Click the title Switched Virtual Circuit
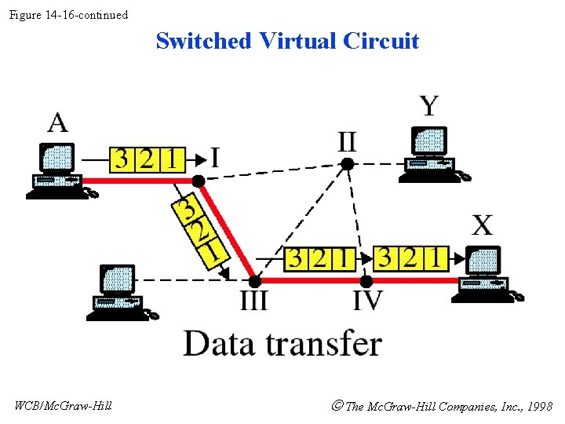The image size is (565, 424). pos(287,41)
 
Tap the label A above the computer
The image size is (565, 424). pos(58,123)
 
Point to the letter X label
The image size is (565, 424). pos(482,225)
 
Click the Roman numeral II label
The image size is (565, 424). pos(347,142)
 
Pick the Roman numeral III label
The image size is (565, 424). pos(253,300)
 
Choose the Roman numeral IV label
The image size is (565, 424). pos(367,300)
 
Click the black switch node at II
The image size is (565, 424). pos(346,163)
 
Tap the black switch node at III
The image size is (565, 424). pos(254,280)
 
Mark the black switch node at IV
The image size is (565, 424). pos(366,280)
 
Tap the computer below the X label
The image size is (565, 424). pos(484,274)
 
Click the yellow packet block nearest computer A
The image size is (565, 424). pos(147,159)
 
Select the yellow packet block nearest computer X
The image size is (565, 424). pos(410,258)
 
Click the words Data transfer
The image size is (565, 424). pos(282,344)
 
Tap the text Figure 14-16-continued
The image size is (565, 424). pos(68,15)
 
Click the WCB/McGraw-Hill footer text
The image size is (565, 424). pos(63,405)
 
